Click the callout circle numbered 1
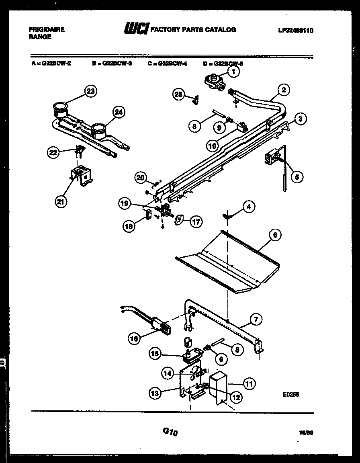point(233,72)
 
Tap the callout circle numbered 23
point(91,91)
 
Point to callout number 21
point(60,202)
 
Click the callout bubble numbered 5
point(297,176)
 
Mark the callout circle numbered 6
point(275,236)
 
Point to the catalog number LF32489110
point(295,30)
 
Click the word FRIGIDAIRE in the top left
point(47,30)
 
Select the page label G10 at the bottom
point(170,432)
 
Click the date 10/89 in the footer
point(306,432)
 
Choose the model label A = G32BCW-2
point(51,63)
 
